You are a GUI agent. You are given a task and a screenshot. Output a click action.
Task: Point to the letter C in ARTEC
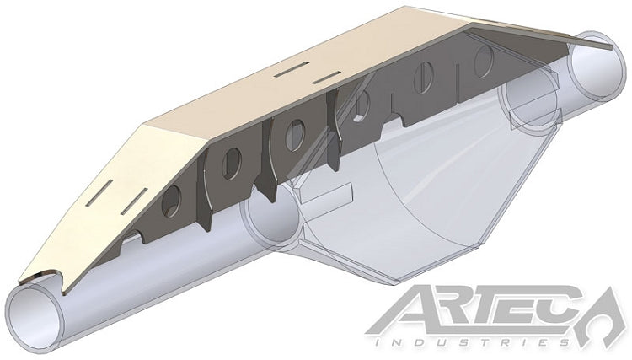pos(566,312)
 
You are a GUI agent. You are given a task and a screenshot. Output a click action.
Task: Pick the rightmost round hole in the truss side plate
pos(485,62)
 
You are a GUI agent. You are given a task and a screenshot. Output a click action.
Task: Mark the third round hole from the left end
pos(295,133)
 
